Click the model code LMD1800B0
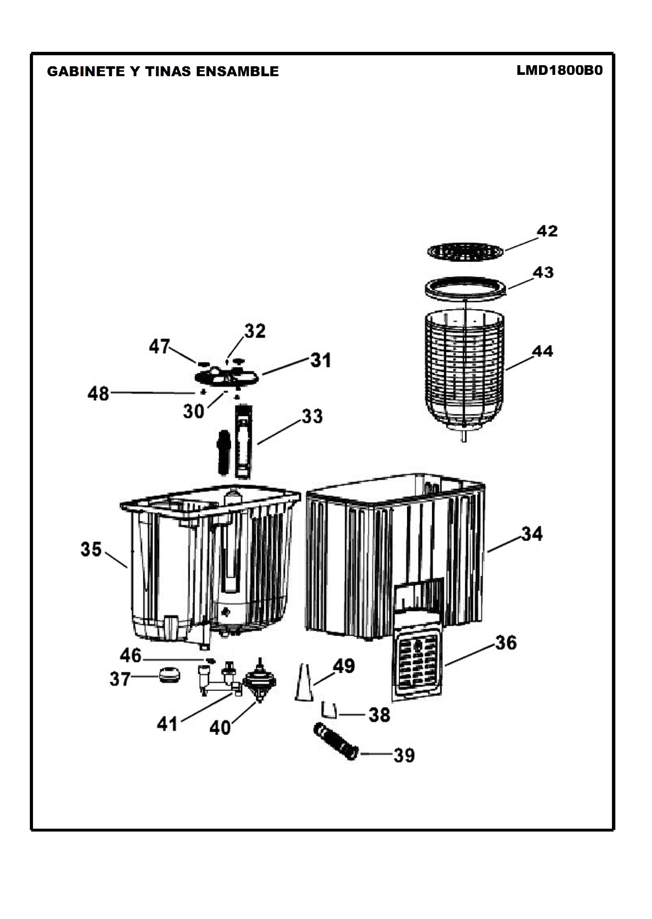559,71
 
